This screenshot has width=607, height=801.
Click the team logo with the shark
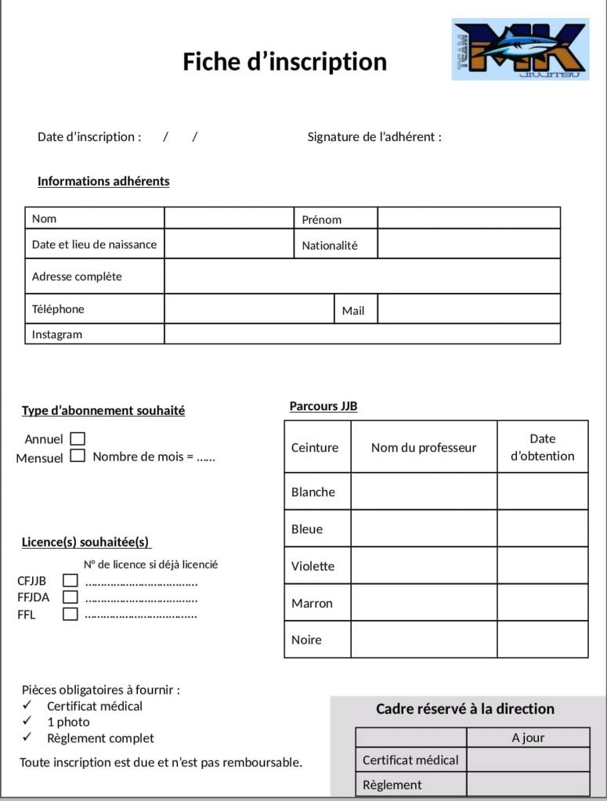click(x=520, y=49)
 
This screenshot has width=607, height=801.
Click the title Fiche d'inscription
click(x=285, y=61)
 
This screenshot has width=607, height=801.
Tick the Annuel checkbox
click(x=78, y=438)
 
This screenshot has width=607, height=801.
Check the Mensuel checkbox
click(x=78, y=456)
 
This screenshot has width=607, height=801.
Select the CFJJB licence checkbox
click(x=70, y=580)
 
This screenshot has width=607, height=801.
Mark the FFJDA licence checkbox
click(x=70, y=597)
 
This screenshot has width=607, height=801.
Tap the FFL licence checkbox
click(x=70, y=614)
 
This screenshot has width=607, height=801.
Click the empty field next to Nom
click(x=229, y=218)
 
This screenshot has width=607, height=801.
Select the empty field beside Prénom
click(x=468, y=218)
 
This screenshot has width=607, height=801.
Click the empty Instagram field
click(x=362, y=334)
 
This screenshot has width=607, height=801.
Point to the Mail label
click(x=353, y=310)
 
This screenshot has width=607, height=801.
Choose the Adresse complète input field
click(x=362, y=276)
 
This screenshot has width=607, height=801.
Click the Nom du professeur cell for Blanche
click(x=424, y=491)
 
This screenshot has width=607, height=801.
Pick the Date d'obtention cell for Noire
click(x=542, y=639)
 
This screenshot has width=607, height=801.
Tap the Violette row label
click(x=313, y=565)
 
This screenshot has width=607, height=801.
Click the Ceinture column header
click(x=315, y=447)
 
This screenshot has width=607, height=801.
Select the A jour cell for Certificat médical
click(x=528, y=759)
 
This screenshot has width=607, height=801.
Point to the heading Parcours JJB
click(x=323, y=406)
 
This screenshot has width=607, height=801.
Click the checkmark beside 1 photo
click(x=27, y=721)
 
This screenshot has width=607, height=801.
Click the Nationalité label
click(x=330, y=245)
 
